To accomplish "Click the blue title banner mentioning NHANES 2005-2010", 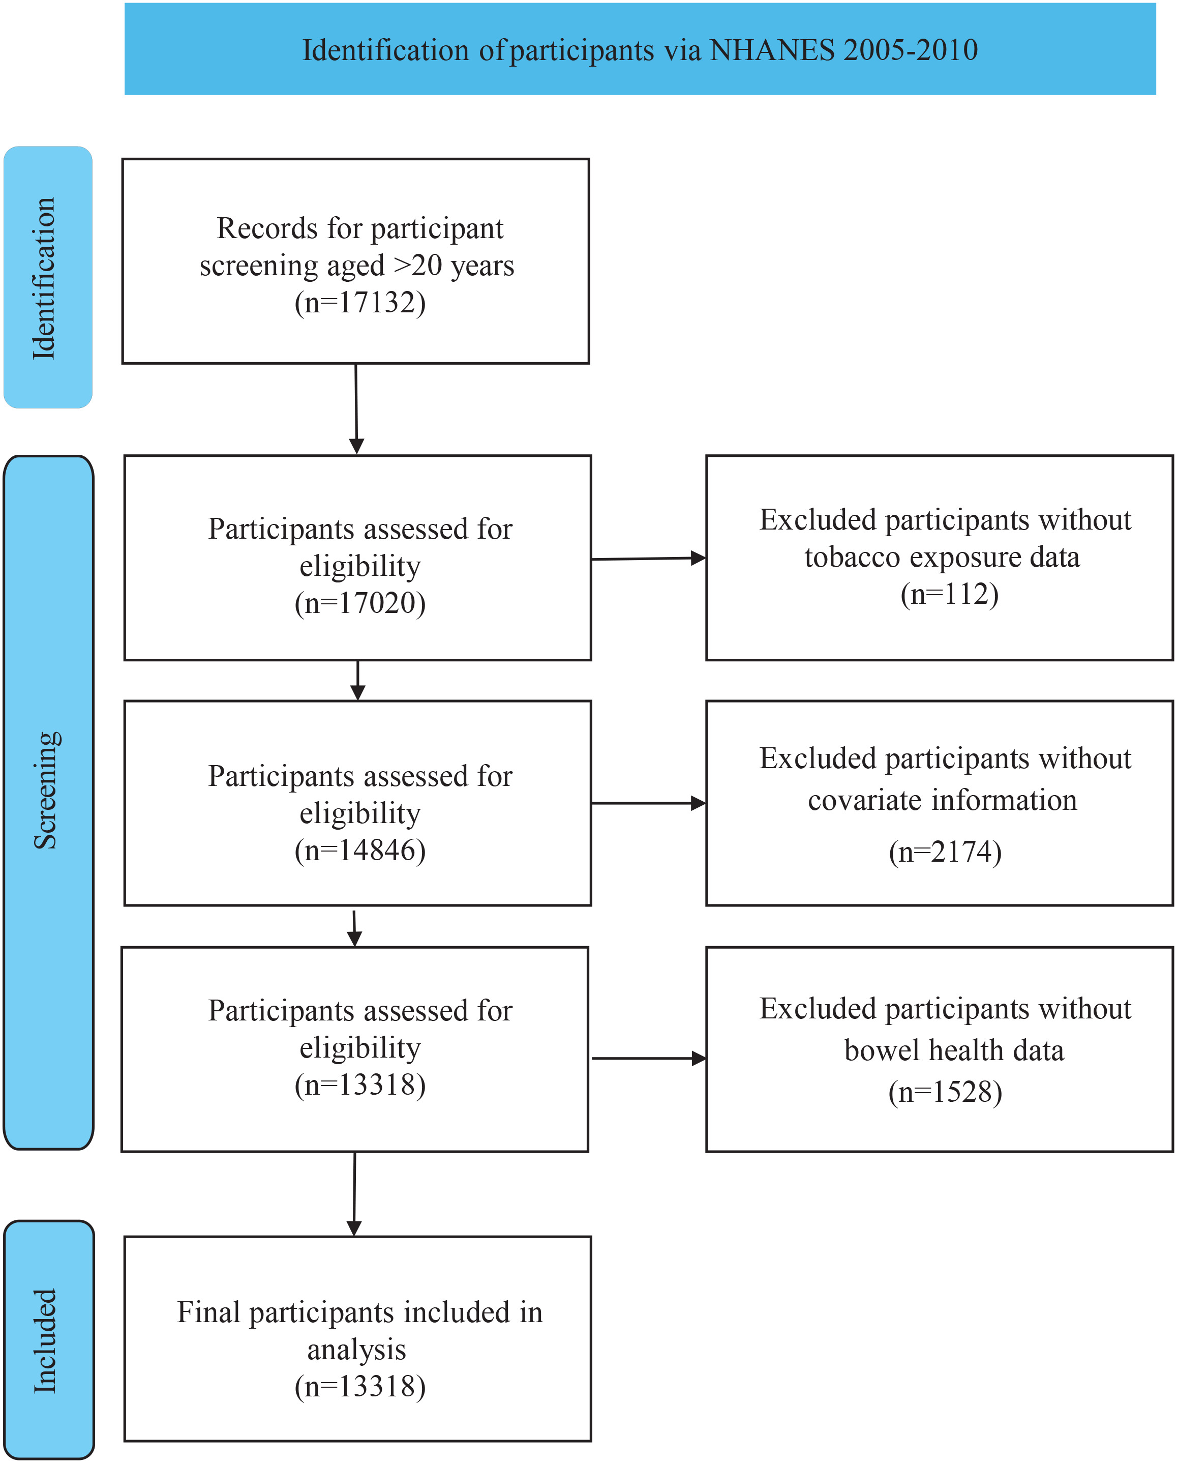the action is point(640,49).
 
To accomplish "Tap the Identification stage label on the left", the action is point(47,277).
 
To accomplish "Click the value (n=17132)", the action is point(360,303).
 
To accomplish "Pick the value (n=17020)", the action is point(360,603).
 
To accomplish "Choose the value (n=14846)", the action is point(360,850).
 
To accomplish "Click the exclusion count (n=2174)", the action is point(945,852).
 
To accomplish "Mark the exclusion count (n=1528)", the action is point(945,1092).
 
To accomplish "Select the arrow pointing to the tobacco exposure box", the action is point(649,559).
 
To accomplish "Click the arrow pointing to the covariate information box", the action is point(649,803).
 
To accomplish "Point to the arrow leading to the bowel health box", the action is point(649,1058).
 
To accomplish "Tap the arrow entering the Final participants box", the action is point(354,1193).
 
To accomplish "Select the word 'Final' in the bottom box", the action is point(209,1312).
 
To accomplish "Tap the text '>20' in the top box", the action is point(418,266).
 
